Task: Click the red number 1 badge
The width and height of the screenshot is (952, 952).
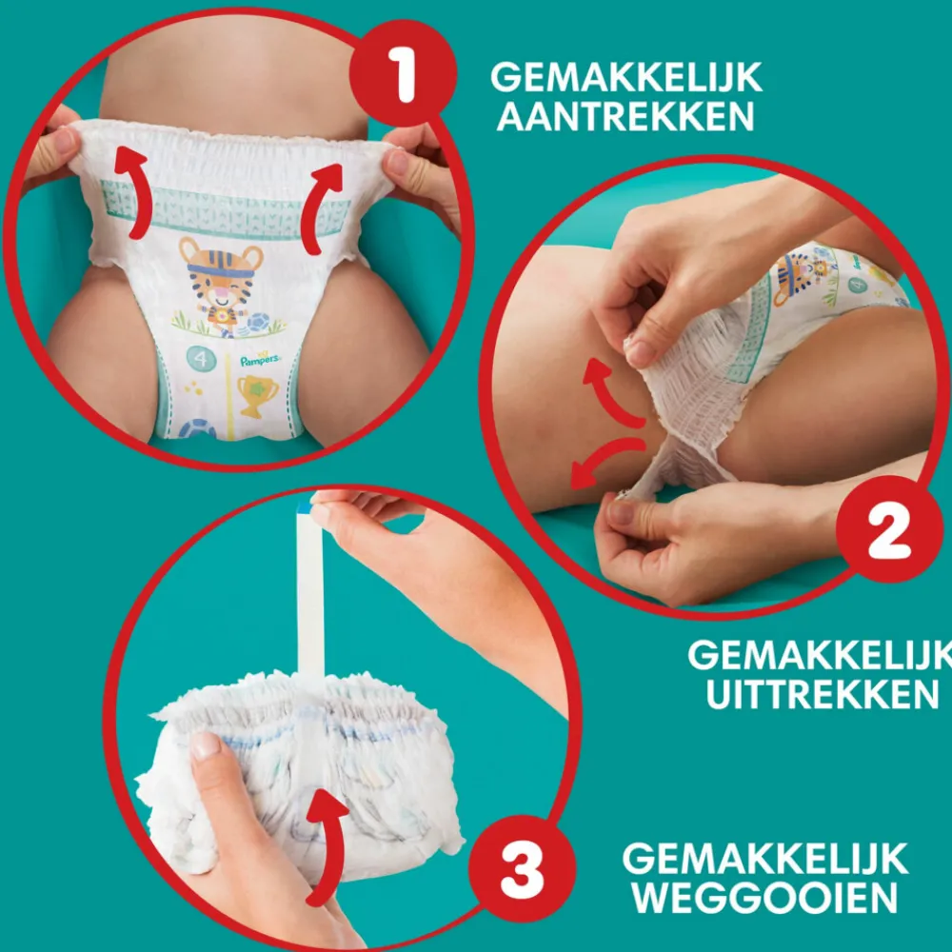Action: pyautogui.click(x=406, y=77)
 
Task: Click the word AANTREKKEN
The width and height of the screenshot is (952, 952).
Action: pyautogui.click(x=625, y=117)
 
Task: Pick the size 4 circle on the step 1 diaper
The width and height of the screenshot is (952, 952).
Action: pyautogui.click(x=201, y=361)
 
